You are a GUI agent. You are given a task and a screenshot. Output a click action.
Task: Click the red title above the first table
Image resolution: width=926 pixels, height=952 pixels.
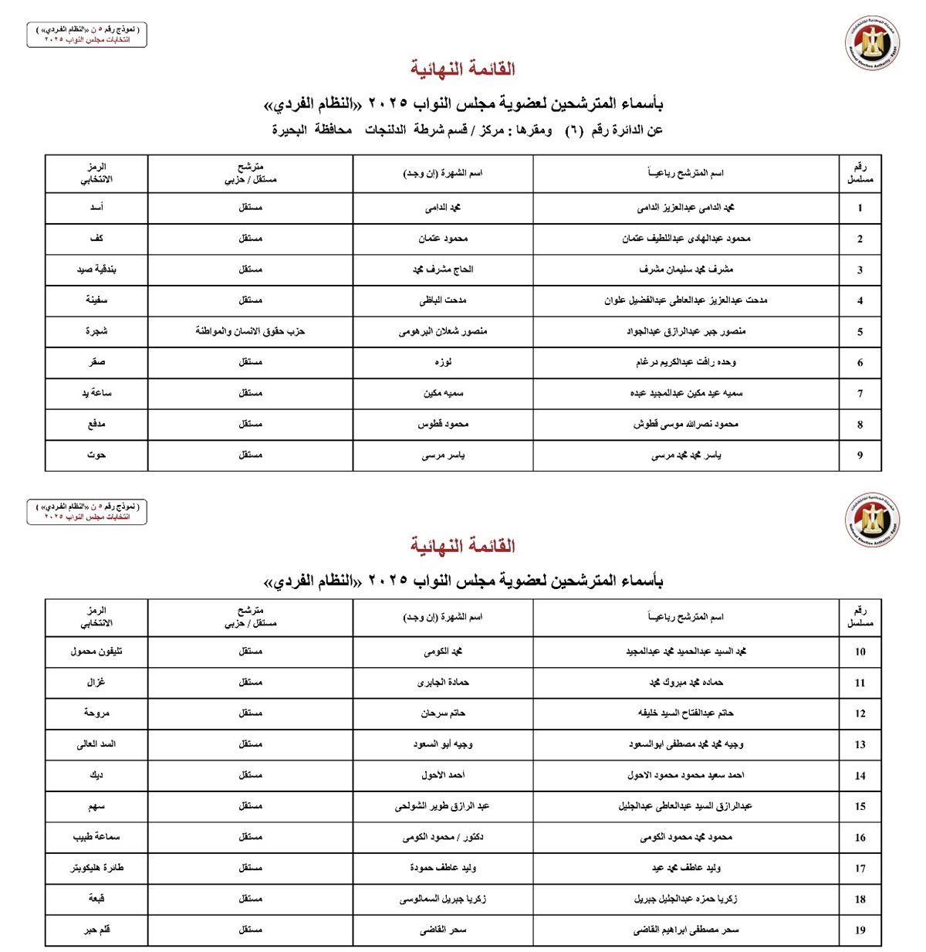(462, 69)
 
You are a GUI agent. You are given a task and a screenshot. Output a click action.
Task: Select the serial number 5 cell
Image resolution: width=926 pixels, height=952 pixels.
(860, 332)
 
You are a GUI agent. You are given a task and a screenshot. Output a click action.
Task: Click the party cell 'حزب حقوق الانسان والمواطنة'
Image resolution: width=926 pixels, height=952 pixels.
(250, 331)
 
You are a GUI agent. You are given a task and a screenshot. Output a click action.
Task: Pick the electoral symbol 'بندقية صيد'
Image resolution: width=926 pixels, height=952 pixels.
(96, 269)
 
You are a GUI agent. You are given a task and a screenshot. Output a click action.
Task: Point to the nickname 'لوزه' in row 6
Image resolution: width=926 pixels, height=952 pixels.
(443, 362)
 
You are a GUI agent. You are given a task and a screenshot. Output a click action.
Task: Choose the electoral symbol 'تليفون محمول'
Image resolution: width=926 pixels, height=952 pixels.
(96, 652)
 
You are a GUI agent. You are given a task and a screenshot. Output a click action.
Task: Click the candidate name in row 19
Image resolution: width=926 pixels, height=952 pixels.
(686, 930)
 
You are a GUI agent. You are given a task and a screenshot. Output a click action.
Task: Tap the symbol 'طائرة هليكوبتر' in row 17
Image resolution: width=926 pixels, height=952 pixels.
(96, 868)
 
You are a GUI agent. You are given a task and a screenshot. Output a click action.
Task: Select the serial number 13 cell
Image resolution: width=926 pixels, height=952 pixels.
(860, 744)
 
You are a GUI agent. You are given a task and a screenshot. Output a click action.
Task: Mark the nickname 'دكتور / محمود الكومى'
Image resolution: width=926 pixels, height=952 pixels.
(443, 837)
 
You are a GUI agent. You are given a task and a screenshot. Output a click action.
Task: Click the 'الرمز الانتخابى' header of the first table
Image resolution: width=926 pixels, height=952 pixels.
(96, 173)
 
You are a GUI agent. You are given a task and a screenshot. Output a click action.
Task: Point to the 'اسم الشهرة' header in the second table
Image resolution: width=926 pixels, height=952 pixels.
(443, 617)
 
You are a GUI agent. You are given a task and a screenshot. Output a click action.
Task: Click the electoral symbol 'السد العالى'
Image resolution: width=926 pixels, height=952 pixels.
(96, 744)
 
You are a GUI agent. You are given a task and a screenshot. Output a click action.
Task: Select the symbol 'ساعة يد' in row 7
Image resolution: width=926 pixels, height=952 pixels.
(96, 393)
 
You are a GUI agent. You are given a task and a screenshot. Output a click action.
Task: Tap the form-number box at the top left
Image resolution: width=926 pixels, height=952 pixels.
(86, 35)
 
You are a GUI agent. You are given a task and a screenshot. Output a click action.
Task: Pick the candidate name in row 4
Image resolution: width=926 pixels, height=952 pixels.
(686, 300)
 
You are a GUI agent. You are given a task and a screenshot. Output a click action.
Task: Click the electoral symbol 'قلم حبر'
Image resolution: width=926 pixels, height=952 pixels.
(96, 930)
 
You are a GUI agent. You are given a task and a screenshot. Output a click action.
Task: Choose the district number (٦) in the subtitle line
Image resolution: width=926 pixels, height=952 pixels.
(573, 130)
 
